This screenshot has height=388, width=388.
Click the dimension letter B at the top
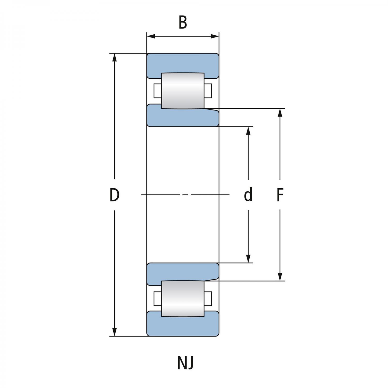point(183,23)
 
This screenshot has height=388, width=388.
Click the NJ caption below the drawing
point(185,363)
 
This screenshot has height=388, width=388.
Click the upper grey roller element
point(183,91)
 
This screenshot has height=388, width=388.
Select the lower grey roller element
point(183,299)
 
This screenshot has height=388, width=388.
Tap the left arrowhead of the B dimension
point(151,36)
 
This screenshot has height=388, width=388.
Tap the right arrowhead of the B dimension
point(215,36)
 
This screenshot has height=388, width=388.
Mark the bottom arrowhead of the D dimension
point(115,332)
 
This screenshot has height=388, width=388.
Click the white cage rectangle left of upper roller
point(157,91)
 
